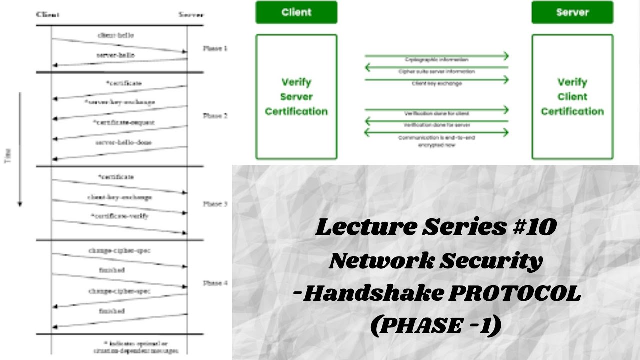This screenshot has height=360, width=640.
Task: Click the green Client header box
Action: click(296, 12)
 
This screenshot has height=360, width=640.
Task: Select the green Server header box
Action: click(572, 12)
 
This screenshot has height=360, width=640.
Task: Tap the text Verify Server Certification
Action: click(296, 97)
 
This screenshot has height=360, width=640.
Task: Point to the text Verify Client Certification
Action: click(572, 97)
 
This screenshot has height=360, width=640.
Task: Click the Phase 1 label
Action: click(215, 49)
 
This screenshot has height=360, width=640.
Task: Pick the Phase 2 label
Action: click(215, 116)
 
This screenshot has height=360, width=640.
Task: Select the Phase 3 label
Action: click(215, 204)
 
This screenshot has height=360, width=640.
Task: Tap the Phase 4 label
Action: click(215, 283)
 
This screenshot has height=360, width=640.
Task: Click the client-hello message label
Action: click(116, 36)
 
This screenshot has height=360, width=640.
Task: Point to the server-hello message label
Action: click(115, 55)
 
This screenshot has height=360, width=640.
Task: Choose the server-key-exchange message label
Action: click(120, 102)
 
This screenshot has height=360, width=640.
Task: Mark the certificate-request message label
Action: click(123, 122)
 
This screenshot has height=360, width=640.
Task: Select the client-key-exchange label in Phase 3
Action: click(119, 197)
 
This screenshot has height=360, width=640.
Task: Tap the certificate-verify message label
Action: click(119, 216)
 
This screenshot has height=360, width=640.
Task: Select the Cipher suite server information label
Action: click(436, 72)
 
